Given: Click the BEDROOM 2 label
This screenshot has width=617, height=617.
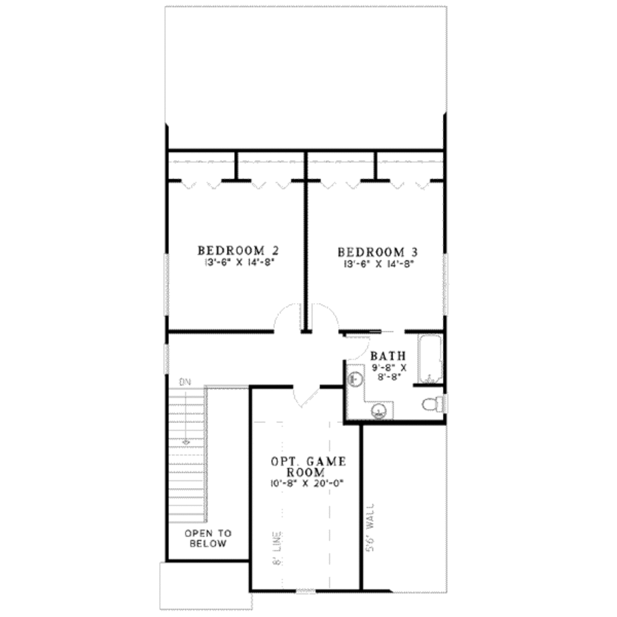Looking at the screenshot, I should [x=232, y=250].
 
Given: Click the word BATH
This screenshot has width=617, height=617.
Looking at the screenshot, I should [x=387, y=355].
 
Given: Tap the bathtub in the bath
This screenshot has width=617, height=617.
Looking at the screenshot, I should [x=430, y=358].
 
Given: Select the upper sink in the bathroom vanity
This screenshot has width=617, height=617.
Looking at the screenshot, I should [x=355, y=379].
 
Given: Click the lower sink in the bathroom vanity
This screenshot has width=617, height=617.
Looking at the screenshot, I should [x=378, y=412].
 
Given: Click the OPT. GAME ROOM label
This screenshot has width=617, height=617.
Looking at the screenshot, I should [x=307, y=467].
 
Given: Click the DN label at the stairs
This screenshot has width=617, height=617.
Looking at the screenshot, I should [x=184, y=382].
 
